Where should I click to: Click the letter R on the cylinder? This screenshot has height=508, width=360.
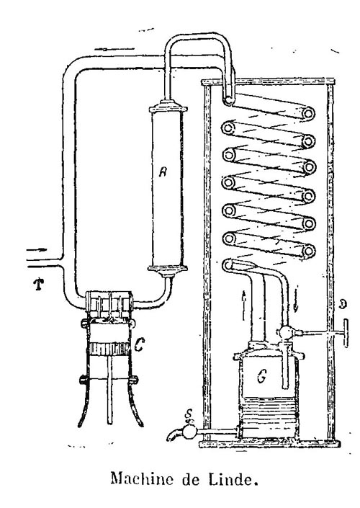pyautogui.click(x=163, y=172)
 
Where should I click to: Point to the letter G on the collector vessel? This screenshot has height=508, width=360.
pyautogui.click(x=261, y=376)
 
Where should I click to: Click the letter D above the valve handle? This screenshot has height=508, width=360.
pyautogui.click(x=343, y=304)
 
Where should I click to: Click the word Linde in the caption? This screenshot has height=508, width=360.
pyautogui.click(x=233, y=479)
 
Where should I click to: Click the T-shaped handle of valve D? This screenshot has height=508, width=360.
pyautogui.click(x=346, y=333)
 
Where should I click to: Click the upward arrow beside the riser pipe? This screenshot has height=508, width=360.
pyautogui.click(x=244, y=306)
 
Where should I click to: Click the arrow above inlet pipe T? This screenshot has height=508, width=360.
pyautogui.click(x=37, y=250)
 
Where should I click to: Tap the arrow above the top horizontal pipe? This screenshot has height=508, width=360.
pyautogui.click(x=114, y=49)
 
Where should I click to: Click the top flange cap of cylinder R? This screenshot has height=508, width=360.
pyautogui.click(x=168, y=107)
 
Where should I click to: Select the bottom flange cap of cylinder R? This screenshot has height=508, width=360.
pyautogui.click(x=167, y=269)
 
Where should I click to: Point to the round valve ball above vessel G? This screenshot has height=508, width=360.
pyautogui.click(x=286, y=332)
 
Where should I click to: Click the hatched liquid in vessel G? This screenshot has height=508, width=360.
pyautogui.click(x=268, y=416)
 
